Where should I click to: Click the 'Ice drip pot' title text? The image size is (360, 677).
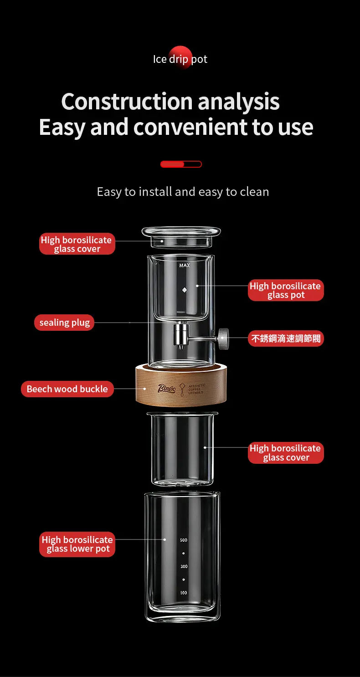point(180,59)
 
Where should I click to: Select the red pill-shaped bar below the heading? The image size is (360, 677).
point(181,164)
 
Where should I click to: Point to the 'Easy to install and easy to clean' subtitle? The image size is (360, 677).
point(183,192)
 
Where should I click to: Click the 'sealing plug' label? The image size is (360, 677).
point(64,323)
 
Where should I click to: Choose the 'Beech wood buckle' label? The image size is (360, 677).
point(67,389)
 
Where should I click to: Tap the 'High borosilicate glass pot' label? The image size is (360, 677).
point(286,290)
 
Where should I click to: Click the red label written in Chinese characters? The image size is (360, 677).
point(286,338)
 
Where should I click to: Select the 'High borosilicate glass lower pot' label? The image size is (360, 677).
point(77,544)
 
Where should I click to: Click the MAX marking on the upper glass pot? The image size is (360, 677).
point(185,266)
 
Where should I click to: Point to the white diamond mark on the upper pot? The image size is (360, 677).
point(185,290)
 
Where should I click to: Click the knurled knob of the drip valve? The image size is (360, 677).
point(223,338)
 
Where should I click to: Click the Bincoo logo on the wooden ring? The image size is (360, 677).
point(166,389)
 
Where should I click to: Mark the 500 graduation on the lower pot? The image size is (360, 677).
point(183,540)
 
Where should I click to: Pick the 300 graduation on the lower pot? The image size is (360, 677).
point(183,566)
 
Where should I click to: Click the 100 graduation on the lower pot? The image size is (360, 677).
point(183,593)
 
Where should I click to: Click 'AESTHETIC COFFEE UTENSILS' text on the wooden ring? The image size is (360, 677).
point(196,389)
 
